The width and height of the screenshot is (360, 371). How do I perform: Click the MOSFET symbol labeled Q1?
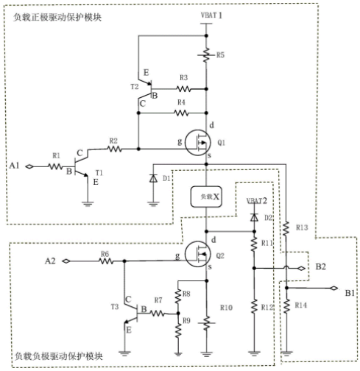tap(197, 143)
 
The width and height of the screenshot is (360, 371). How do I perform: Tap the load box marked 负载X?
tap(206, 197)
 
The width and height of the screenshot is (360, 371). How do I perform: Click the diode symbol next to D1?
tap(153, 178)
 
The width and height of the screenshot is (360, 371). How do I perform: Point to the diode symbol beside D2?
tap(254, 217)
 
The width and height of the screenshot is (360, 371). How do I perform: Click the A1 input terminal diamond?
tap(29, 166)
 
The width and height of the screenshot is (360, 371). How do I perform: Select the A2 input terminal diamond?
tap(66, 261)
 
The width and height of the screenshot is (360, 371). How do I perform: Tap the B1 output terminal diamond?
tap(333, 288)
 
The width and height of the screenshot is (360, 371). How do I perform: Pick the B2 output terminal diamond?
tap(301, 269)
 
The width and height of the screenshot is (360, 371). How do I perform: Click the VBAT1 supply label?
tap(211, 15)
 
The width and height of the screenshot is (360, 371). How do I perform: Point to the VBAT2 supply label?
tap(257, 201)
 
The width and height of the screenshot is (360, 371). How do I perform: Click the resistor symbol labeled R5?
tap(206, 55)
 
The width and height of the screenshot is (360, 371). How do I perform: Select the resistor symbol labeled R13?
tap(286, 228)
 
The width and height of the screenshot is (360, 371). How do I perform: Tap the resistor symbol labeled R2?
tap(114, 149)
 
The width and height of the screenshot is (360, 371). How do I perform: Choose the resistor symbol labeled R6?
tap(106, 261)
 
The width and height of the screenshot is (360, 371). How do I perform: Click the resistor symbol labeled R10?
tap(207, 323)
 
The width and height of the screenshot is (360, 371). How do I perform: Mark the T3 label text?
tap(115, 307)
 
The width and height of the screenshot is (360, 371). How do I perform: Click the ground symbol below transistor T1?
tap(88, 204)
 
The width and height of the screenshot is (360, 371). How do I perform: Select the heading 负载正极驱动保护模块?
tap(57, 18)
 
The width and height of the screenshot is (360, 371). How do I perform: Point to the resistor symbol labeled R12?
tap(254, 306)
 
